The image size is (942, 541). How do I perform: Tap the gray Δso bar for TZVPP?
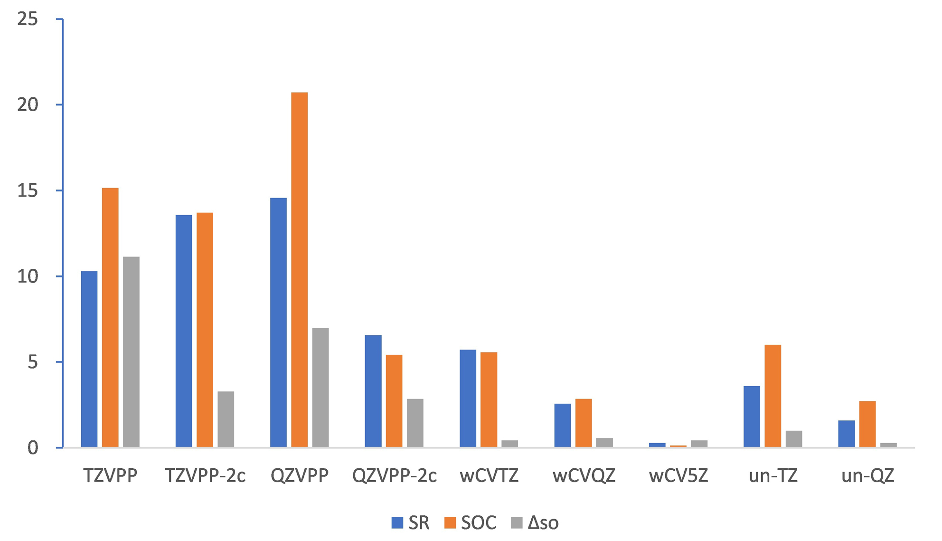pos(131,352)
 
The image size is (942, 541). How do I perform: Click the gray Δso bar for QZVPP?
pos(320,387)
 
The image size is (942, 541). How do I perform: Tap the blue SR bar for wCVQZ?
pos(562,425)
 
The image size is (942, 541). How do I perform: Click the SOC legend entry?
pos(478,523)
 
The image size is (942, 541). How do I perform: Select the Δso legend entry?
pos(543,523)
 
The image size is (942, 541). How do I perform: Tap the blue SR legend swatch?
pos(397,522)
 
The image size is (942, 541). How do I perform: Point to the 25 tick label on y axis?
pos(27,19)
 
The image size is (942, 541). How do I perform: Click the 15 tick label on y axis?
pos(27,190)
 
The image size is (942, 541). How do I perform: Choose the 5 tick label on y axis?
pos(32,362)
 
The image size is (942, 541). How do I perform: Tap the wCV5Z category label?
pos(678,475)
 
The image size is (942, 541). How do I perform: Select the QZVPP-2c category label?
pos(394,475)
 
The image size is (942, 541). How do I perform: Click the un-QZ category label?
pos(867,475)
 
